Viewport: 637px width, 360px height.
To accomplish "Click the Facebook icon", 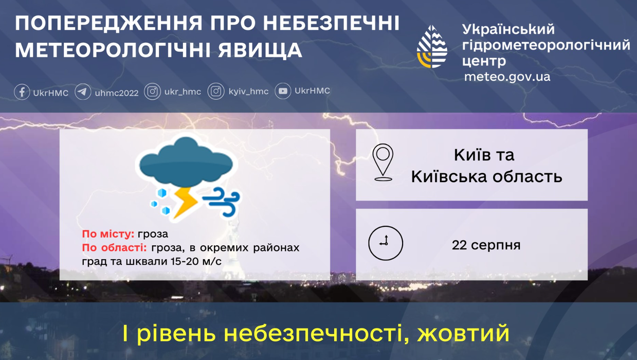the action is tap(22, 92).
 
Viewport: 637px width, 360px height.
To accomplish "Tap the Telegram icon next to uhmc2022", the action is tap(83, 92).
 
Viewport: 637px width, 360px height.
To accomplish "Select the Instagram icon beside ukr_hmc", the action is tap(152, 92).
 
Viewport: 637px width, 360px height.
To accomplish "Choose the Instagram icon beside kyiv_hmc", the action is tap(216, 91).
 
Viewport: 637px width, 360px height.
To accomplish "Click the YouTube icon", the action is tap(283, 91).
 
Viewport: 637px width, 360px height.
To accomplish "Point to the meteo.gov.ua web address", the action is tap(507, 77).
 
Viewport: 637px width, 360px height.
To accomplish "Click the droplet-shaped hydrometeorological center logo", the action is tap(432, 47).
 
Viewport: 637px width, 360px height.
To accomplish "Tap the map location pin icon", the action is tap(383, 163).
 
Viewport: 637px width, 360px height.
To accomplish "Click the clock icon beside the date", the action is tap(386, 243).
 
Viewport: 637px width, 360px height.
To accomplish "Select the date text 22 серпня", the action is tap(486, 245).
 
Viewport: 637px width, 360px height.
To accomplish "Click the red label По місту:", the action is tap(108, 234).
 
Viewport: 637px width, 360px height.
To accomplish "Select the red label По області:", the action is tap(114, 248).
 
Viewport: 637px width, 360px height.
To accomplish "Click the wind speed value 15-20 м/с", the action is tap(196, 261).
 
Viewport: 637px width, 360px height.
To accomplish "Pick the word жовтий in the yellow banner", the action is tap(463, 334).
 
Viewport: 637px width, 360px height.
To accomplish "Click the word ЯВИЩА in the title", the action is tap(260, 50).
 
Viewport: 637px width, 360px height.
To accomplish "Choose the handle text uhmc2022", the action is tap(117, 93).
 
